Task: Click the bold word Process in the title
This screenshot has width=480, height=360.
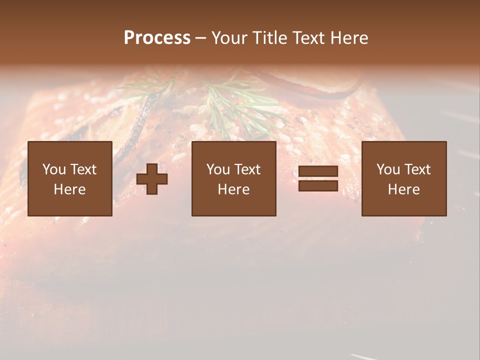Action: [x=157, y=38]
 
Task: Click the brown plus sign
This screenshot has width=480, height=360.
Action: [x=152, y=179]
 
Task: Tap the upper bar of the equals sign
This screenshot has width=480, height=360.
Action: [x=318, y=171]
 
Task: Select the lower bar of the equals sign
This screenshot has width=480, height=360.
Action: [x=318, y=186]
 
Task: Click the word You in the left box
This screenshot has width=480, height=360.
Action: [x=54, y=169]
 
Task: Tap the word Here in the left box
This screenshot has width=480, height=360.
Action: [x=70, y=189]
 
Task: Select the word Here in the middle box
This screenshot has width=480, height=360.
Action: [x=234, y=189]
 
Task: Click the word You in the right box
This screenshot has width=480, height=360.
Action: [x=388, y=169]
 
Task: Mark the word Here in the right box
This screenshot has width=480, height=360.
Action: [x=404, y=189]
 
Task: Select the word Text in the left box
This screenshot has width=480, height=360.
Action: [x=83, y=169]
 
